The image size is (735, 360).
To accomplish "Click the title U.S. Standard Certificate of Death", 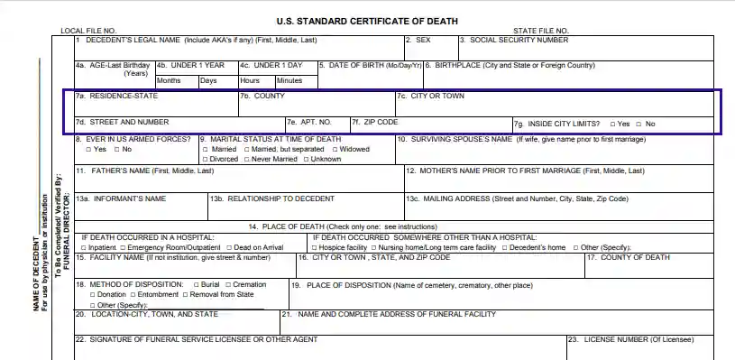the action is (x=367, y=21).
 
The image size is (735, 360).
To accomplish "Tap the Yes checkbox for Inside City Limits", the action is (x=613, y=124).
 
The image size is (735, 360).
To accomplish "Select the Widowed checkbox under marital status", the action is (x=335, y=150).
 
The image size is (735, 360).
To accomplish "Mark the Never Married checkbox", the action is (x=245, y=160).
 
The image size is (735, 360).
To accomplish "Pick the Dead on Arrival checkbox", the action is (x=230, y=247).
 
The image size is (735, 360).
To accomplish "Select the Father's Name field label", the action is (x=144, y=171).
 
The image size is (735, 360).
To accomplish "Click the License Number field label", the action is (x=639, y=340).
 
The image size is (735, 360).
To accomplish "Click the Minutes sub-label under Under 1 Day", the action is (x=289, y=80).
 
